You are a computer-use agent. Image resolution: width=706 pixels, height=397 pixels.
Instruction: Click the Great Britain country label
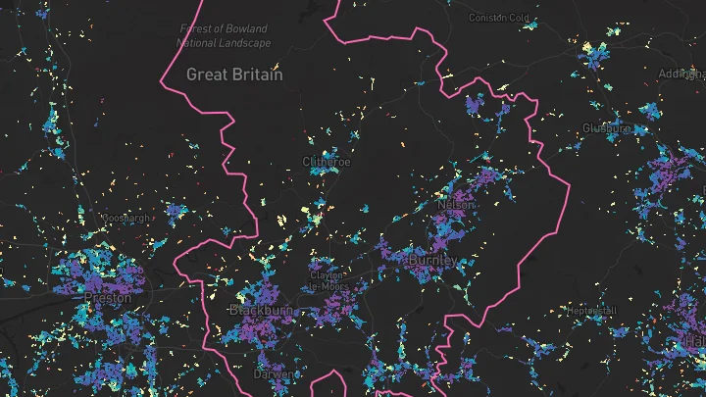[234, 74]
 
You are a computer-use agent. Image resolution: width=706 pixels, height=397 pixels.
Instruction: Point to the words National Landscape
[224, 43]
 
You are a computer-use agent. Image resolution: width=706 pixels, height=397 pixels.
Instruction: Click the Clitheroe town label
[326, 160]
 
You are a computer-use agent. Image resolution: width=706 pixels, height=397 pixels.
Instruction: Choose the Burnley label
[432, 262]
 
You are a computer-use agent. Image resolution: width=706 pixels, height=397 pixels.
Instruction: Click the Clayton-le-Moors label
[327, 280]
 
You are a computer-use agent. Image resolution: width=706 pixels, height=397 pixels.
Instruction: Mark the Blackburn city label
[255, 310]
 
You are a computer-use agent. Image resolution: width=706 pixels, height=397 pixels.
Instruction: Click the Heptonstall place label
[591, 311]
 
